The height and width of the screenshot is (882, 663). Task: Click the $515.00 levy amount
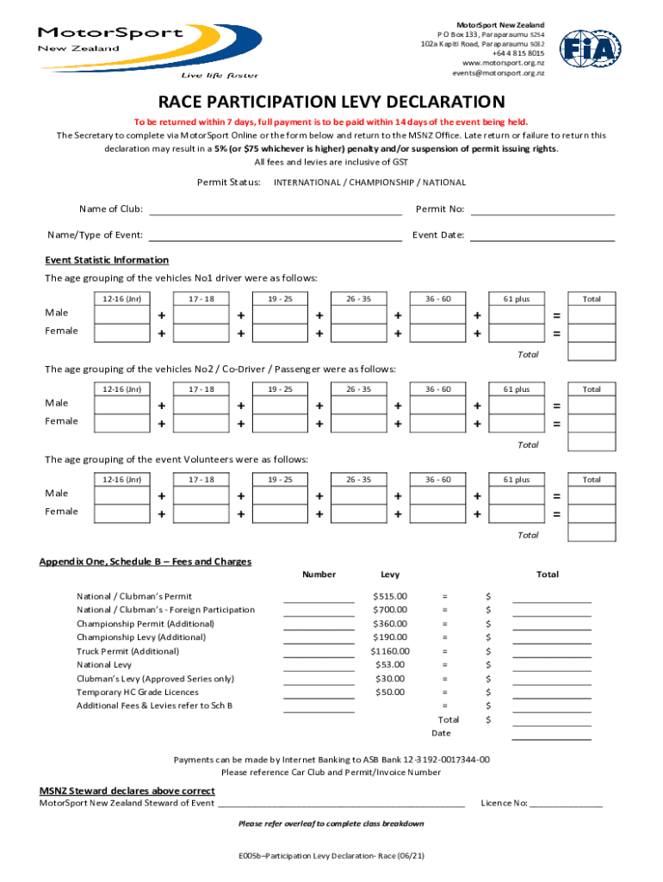(389, 596)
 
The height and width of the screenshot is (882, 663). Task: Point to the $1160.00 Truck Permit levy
(389, 651)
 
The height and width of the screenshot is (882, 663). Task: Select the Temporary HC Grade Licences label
(137, 693)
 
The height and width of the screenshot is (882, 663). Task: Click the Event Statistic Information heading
(107, 260)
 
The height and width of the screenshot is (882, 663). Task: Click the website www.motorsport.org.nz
(503, 63)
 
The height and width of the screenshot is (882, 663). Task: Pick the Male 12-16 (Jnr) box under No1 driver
(121, 314)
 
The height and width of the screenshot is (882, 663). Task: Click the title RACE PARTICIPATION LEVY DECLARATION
(331, 102)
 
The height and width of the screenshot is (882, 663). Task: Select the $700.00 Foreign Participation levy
(389, 610)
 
